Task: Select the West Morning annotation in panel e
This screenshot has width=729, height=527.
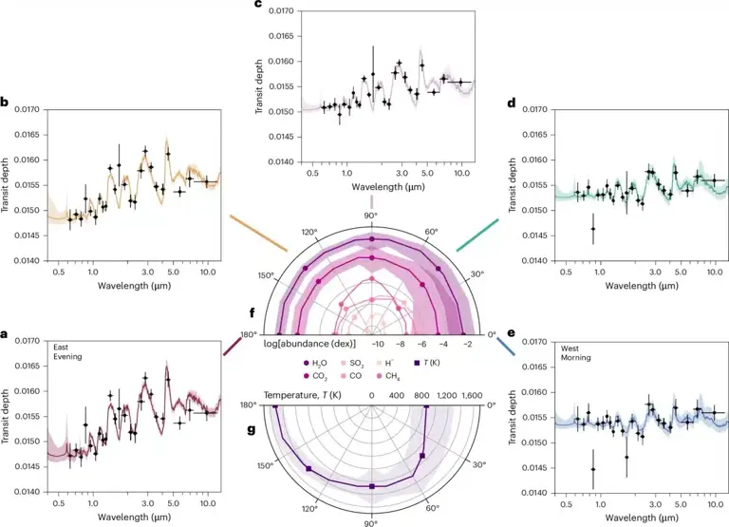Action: [x=575, y=353]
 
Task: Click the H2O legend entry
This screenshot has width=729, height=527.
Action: [x=315, y=364]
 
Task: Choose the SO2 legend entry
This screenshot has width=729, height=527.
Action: [x=352, y=364]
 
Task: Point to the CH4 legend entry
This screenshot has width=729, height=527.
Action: [x=389, y=376]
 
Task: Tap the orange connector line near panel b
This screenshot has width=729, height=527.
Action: [x=258, y=233]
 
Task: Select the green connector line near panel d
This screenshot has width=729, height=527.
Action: [x=477, y=235]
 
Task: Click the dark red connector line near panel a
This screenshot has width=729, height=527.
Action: [x=232, y=347]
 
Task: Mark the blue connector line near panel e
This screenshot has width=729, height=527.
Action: [x=506, y=347]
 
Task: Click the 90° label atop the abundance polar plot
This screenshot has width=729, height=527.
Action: [x=370, y=216]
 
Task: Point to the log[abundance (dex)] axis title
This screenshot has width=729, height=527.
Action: [x=312, y=344]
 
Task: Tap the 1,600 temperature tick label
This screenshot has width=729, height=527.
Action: [x=472, y=395]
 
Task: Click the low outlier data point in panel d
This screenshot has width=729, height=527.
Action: [x=592, y=229]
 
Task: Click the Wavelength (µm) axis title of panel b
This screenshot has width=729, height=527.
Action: [x=135, y=286]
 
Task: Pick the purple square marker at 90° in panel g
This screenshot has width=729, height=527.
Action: [x=372, y=486]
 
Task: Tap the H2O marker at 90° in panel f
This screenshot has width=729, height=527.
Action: [x=371, y=239]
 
